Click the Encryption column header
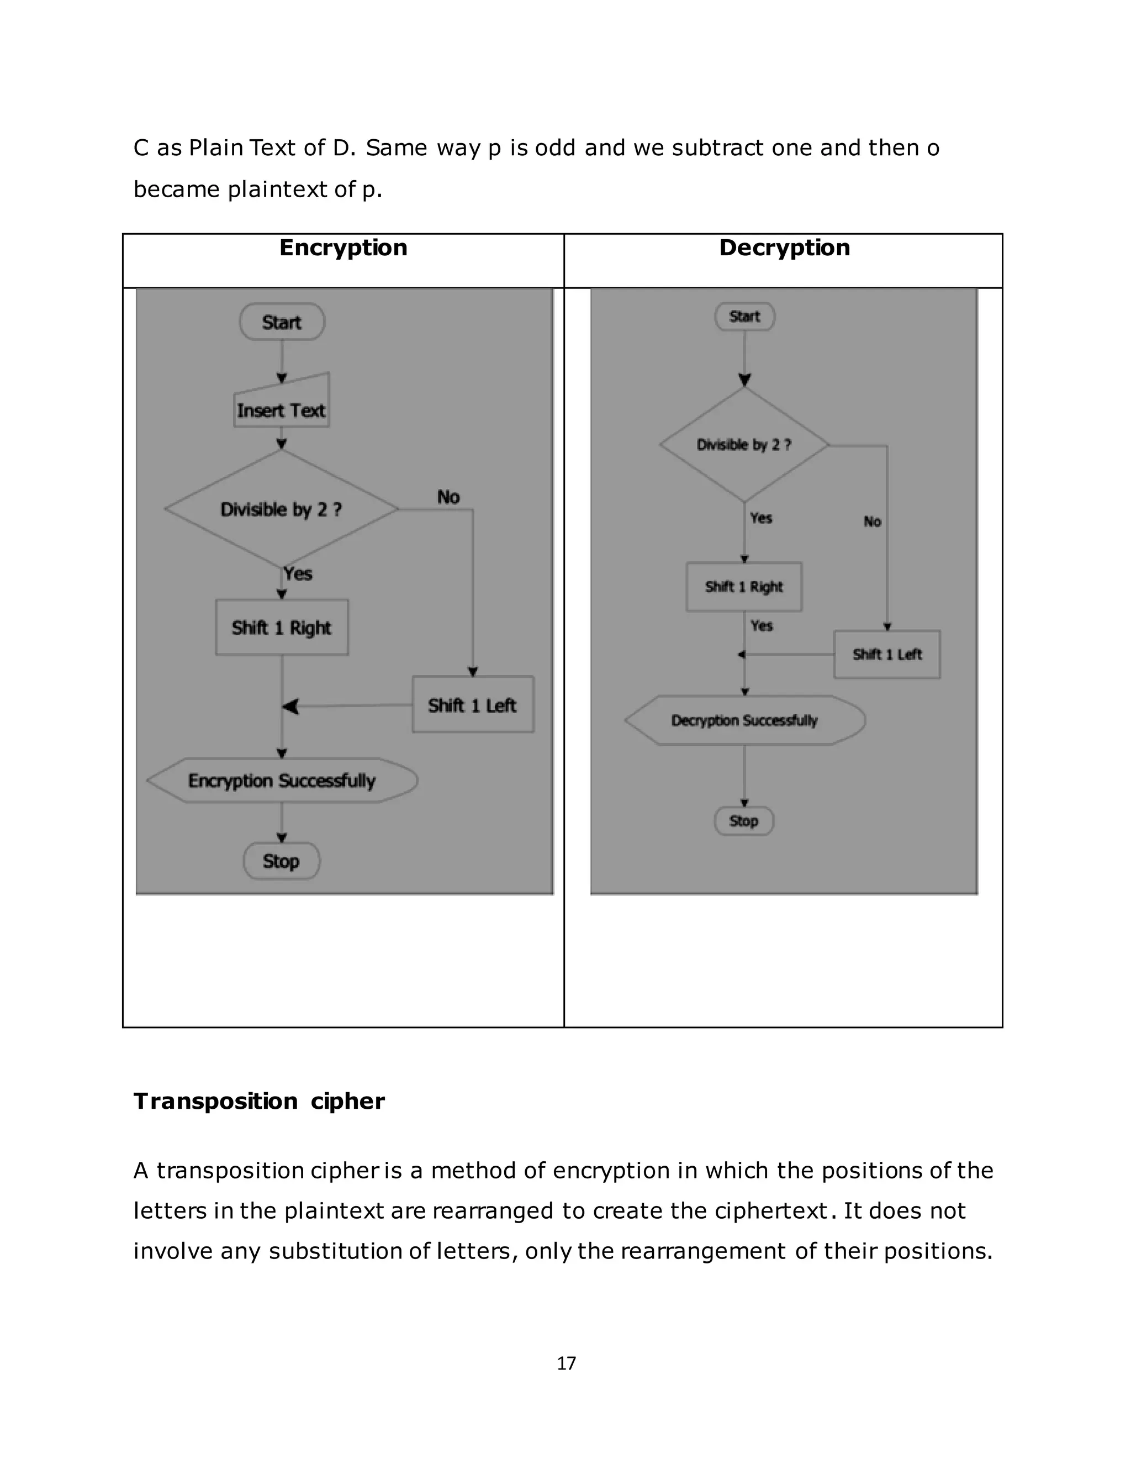pyautogui.click(x=343, y=248)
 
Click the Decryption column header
pyautogui.click(x=784, y=248)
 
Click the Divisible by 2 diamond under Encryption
pyautogui.click(x=282, y=509)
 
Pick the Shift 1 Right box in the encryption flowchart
pyautogui.click(x=282, y=628)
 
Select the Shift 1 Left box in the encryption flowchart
pyautogui.click(x=472, y=704)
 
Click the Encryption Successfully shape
pyautogui.click(x=282, y=780)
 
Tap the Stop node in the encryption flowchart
pyautogui.click(x=282, y=861)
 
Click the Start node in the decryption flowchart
pyautogui.click(x=744, y=317)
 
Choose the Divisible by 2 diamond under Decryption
pyautogui.click(x=744, y=444)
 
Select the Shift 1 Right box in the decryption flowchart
pyautogui.click(x=744, y=587)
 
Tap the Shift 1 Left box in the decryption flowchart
pyautogui.click(x=887, y=654)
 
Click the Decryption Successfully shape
pyautogui.click(x=744, y=720)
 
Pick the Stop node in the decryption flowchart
pyautogui.click(x=744, y=821)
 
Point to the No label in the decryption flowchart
pyautogui.click(x=871, y=522)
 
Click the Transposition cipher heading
pyautogui.click(x=258, y=1102)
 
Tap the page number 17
pyautogui.click(x=566, y=1363)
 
